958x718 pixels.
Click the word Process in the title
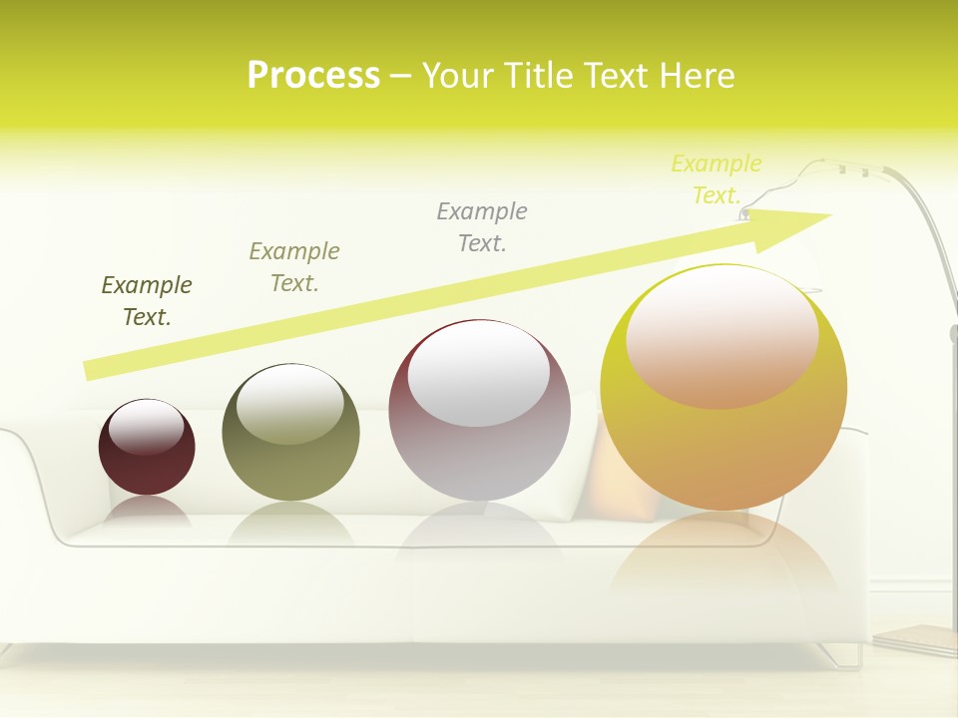pyautogui.click(x=313, y=75)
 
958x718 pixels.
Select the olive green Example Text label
pyautogui.click(x=294, y=267)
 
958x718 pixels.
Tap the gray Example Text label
pyautogui.click(x=482, y=227)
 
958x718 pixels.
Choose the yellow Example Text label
pyautogui.click(x=717, y=179)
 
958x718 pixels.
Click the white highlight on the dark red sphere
pyautogui.click(x=147, y=427)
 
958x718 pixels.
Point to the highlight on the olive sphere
pyautogui.click(x=290, y=404)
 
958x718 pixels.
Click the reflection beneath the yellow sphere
pyautogui.click(x=723, y=558)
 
